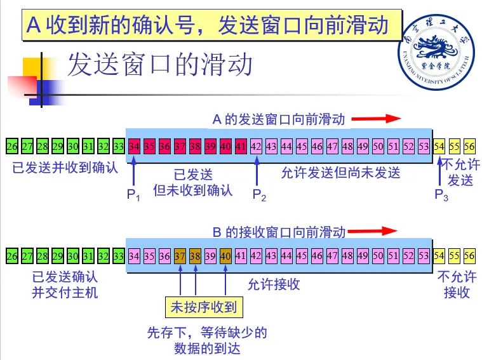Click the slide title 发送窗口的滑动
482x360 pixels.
[x=160, y=64]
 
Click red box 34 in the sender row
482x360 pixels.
[x=134, y=147]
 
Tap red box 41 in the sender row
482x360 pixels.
[x=241, y=147]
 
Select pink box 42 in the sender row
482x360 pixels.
[x=256, y=147]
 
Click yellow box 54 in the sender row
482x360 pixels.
[x=439, y=147]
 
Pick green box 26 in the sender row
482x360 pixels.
[x=12, y=147]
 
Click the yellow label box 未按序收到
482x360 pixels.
[x=203, y=308]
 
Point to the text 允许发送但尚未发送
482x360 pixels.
[x=341, y=173]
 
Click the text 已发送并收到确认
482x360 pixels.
[x=65, y=168]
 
